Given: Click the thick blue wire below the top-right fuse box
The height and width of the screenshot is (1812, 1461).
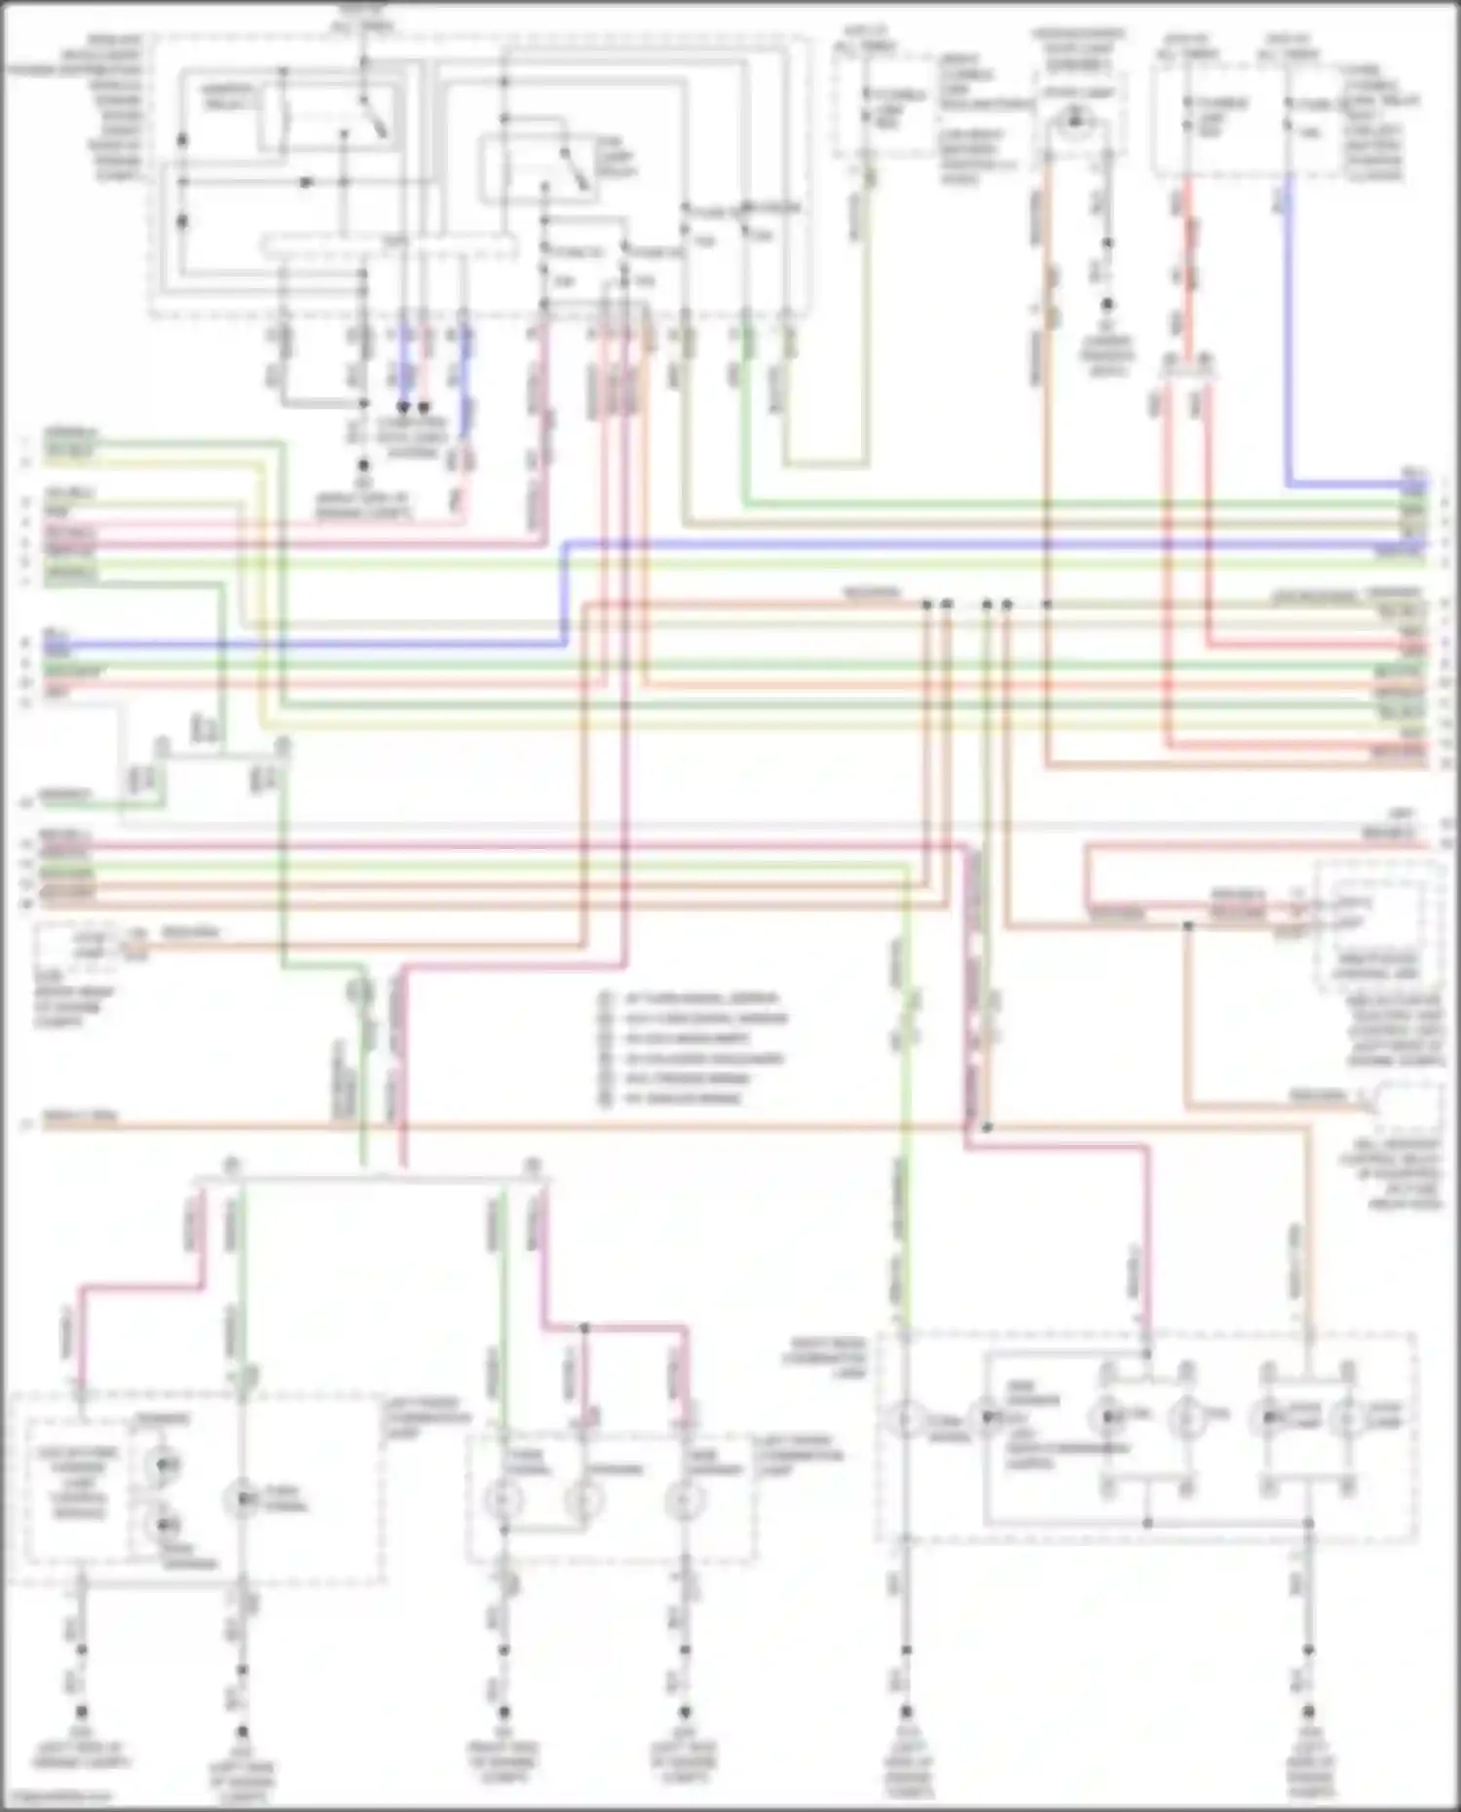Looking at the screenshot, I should (1288, 341).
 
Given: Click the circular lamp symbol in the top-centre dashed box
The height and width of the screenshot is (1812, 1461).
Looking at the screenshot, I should (1074, 119).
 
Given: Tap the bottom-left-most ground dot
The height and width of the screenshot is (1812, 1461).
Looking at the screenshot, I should (81, 1712).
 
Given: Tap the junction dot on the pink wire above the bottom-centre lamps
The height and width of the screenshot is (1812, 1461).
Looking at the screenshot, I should (584, 1328).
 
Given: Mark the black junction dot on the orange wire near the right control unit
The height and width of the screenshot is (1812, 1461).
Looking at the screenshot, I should (1187, 925).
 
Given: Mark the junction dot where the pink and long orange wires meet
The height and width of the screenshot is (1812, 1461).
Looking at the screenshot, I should (987, 1128).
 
